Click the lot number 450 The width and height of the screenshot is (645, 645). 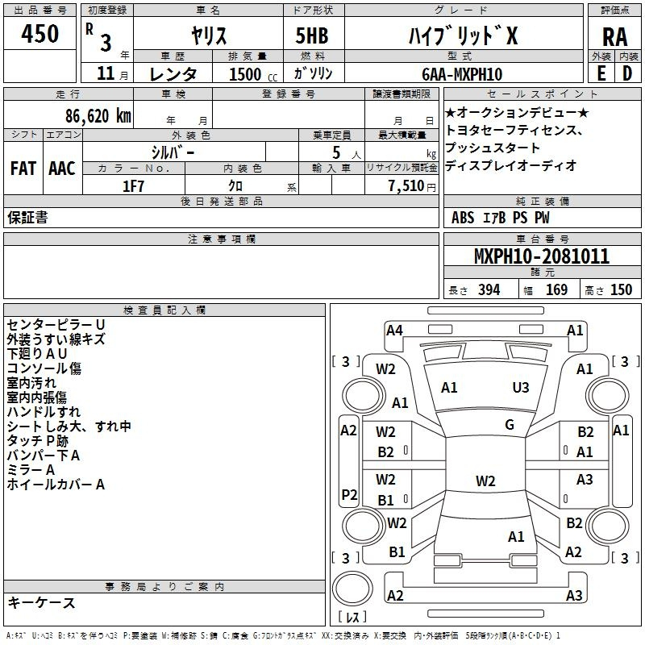pos(40,33)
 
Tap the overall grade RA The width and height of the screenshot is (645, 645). pos(614,37)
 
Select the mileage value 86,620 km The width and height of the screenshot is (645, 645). pos(98,116)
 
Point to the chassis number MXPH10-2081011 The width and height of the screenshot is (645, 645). pos(542,256)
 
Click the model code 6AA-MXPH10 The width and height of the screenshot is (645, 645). pos(462,74)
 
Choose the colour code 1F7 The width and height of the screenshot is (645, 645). pos(133,186)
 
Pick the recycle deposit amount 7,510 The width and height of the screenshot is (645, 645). pos(406,186)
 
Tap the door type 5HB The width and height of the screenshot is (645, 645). pos(312,35)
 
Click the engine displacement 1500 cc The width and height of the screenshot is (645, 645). pos(253,74)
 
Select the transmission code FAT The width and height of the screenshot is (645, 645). pos(23,169)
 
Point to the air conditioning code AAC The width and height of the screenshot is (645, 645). pos(62,169)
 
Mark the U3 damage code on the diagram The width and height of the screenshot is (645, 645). pos(520,387)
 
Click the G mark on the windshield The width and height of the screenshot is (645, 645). pos(510,425)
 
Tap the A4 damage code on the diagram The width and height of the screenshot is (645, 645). pos(394,331)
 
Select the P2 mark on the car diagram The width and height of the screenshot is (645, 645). pos(349,494)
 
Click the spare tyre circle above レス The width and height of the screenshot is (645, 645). pos(352,588)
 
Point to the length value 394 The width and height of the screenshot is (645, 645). pos(489,290)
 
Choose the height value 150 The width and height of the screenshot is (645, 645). pos(621,290)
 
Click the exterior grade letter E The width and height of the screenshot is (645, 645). pos(601,73)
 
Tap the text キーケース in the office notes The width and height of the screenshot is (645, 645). pos(42,603)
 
